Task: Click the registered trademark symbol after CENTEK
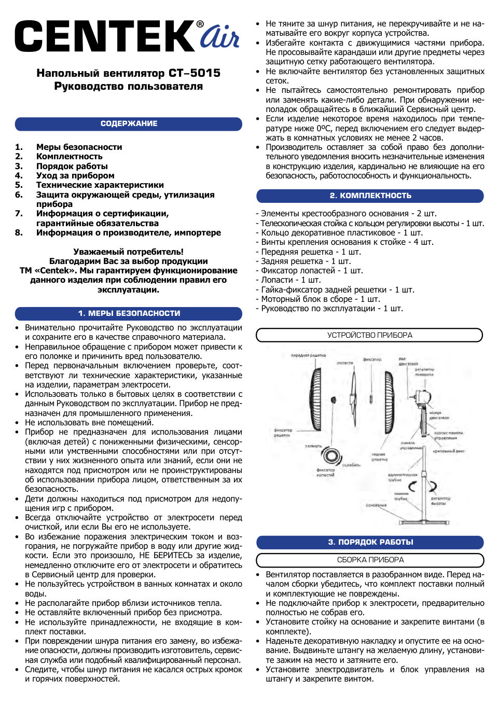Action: tap(200, 24)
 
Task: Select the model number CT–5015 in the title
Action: tap(195, 73)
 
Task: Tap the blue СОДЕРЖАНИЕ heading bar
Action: tap(129, 124)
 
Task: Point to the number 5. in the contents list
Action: tap(19, 185)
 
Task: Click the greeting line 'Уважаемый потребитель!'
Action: tap(128, 252)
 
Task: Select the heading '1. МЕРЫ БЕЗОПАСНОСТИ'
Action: tap(129, 313)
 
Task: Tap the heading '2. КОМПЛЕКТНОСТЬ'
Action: tap(370, 196)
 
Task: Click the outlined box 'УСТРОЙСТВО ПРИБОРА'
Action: tap(369, 335)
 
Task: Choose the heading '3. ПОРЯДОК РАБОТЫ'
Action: tap(370, 542)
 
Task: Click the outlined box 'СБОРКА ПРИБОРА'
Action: tap(370, 560)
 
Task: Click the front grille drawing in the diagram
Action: tap(315, 399)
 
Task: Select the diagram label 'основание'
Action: tap(376, 505)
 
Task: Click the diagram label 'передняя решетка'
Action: tap(308, 356)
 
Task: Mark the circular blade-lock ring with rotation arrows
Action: tap(331, 455)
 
